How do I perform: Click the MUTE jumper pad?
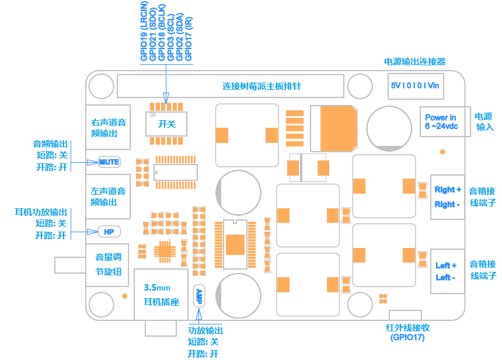click(109, 162)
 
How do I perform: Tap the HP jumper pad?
click(109, 232)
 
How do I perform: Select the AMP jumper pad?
click(199, 296)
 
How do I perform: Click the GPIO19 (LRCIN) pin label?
click(144, 31)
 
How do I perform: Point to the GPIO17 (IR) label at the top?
click(189, 39)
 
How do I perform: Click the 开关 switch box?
click(166, 124)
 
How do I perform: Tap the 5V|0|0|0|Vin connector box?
click(416, 86)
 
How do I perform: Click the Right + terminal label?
click(448, 190)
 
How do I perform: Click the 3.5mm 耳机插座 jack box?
click(161, 294)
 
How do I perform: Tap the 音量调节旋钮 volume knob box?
click(107, 265)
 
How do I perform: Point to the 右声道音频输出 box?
click(108, 127)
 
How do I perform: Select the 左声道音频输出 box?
click(108, 197)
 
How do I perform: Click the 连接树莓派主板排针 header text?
click(262, 86)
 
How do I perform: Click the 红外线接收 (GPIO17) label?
click(407, 333)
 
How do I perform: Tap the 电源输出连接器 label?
click(415, 62)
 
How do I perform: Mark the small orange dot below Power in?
click(442, 152)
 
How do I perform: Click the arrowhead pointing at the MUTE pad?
click(93, 163)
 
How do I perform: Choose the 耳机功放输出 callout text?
click(41, 212)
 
